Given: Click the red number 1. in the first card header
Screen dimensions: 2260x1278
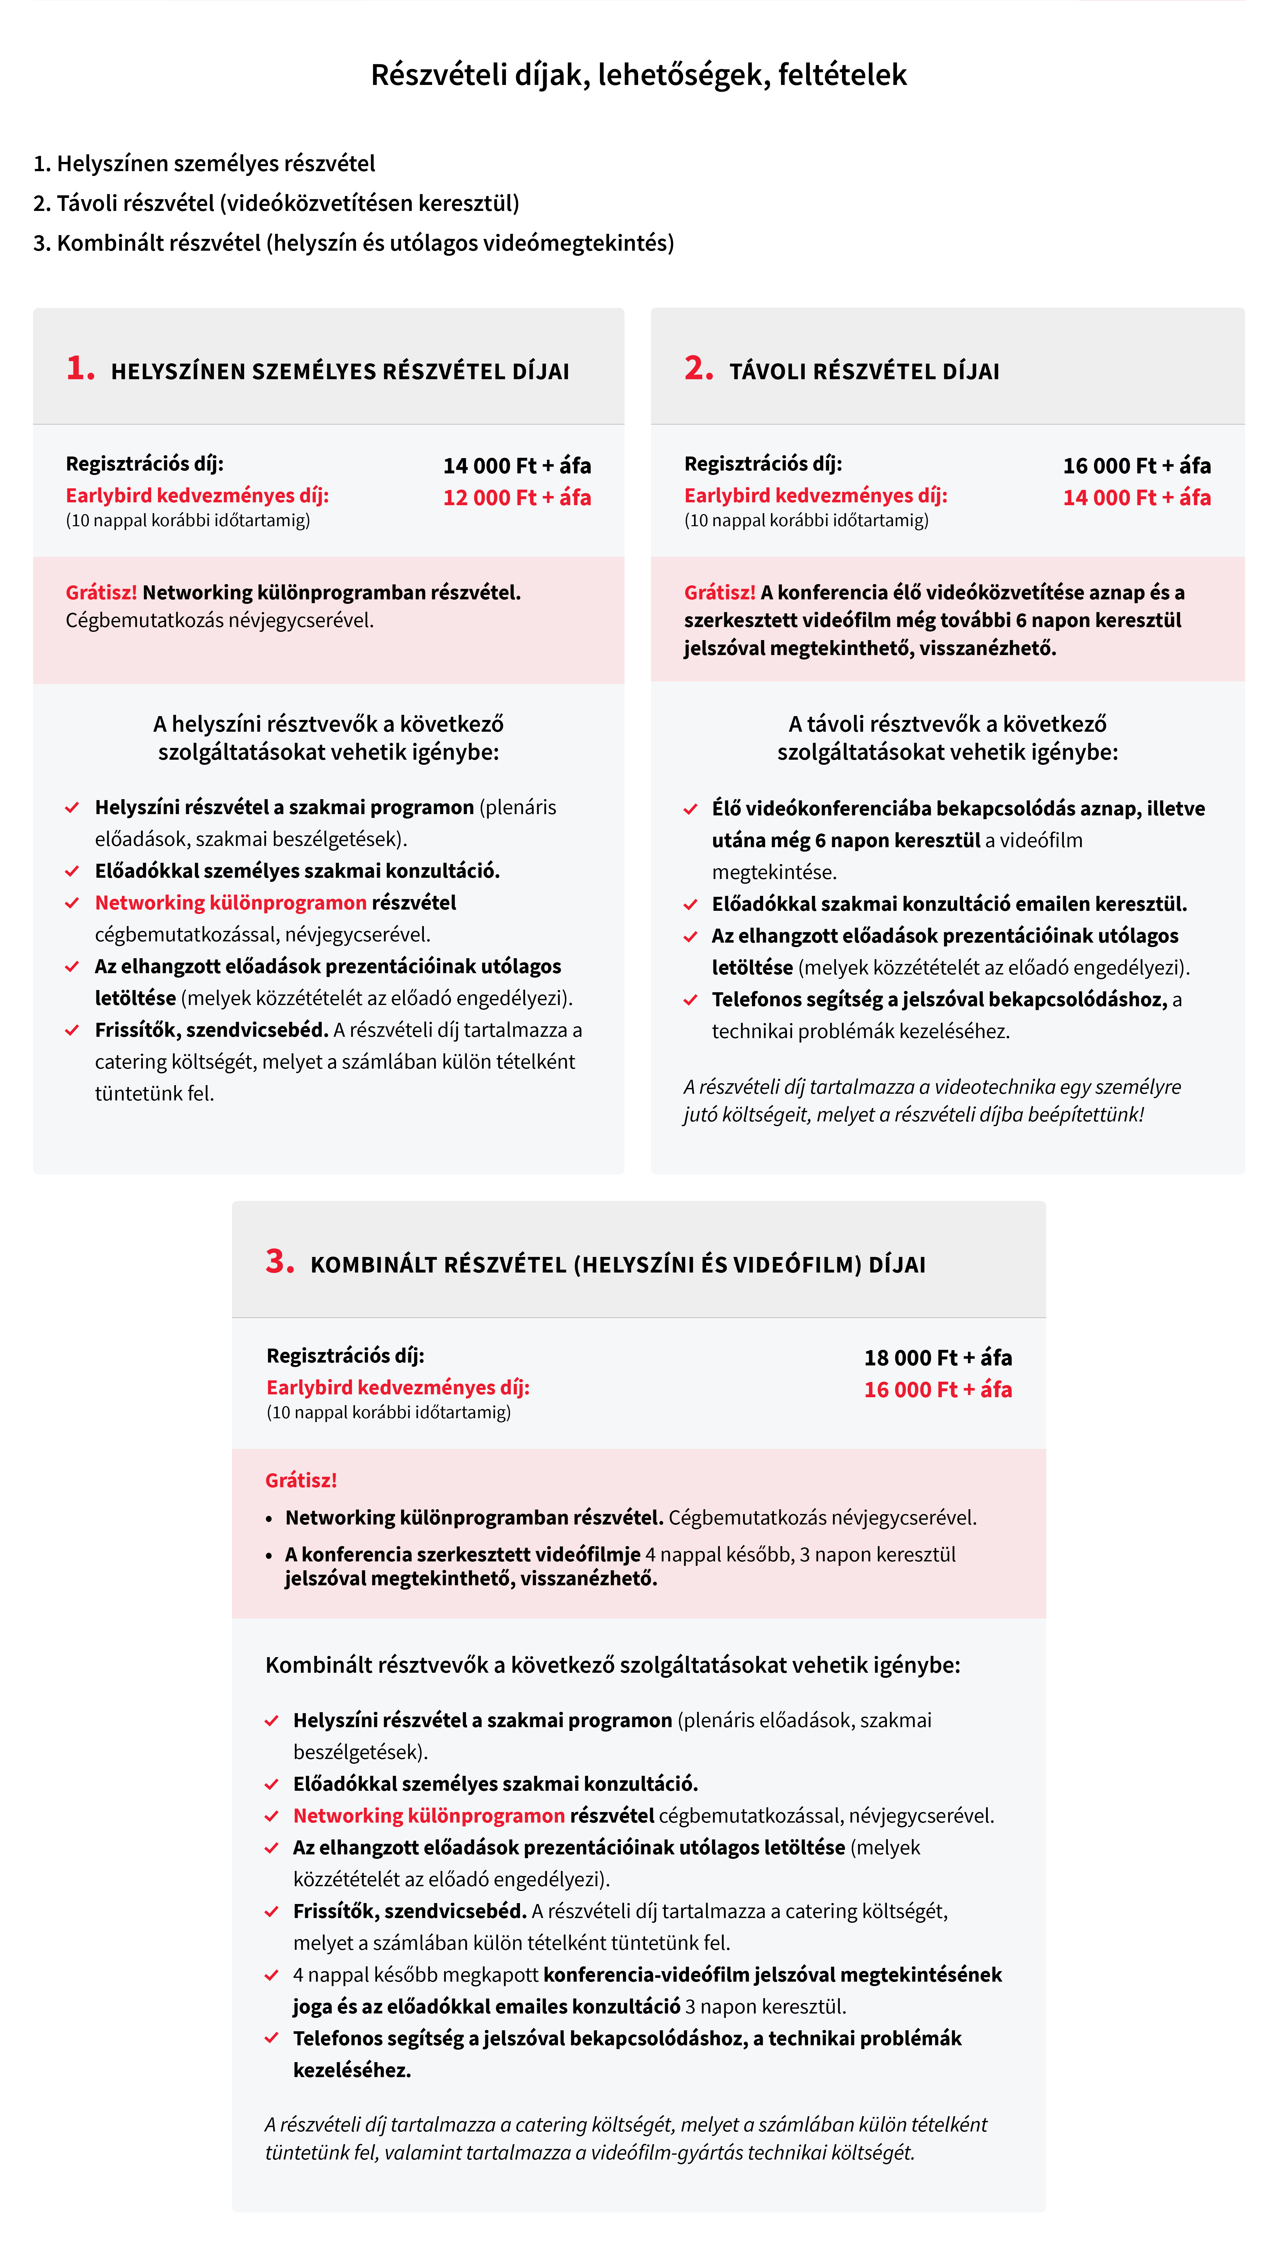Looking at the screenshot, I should (x=80, y=368).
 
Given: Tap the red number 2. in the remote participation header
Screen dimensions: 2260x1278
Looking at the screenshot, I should (x=699, y=368).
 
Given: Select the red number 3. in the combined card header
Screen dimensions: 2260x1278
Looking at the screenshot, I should (x=279, y=1262).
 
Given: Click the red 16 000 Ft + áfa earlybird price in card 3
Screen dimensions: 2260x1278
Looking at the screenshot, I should (x=937, y=1390).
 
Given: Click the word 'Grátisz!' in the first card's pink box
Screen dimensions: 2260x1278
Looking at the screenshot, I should (x=101, y=593).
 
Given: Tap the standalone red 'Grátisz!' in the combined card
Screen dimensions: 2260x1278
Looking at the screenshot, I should (x=301, y=1481).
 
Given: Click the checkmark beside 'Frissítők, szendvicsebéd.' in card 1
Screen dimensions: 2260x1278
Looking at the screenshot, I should (x=72, y=1031).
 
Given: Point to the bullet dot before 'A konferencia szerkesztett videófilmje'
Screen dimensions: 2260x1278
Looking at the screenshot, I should (x=270, y=1556).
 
